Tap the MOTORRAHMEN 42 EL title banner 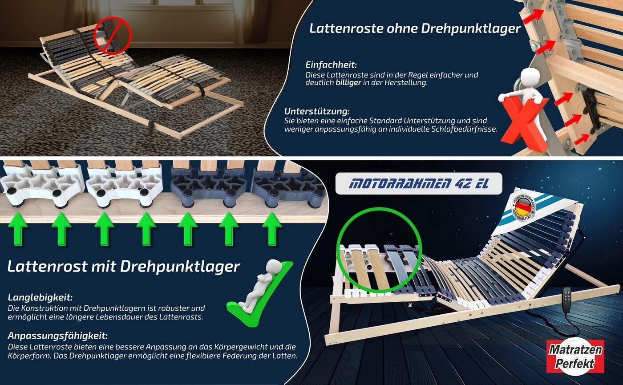[x=419, y=183]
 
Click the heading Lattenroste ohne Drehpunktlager [x=415, y=28]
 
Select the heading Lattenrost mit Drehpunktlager [x=124, y=267]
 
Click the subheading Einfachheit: [x=331, y=65]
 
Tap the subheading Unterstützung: [x=317, y=111]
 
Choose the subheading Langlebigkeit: [x=40, y=298]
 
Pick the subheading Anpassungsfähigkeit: [x=57, y=336]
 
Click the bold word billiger [x=348, y=83]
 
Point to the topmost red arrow [x=533, y=16]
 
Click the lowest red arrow [x=582, y=139]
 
